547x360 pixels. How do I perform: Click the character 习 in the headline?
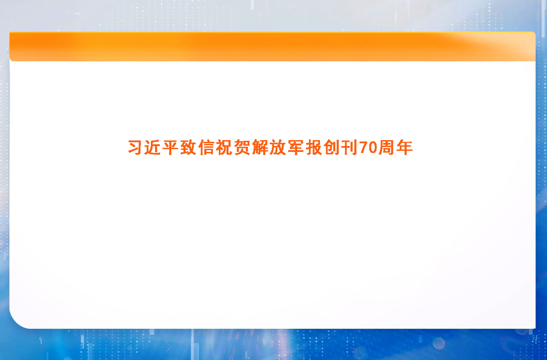click(135, 147)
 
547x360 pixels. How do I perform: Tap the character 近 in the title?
click(153, 147)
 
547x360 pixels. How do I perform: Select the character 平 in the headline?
click(171, 147)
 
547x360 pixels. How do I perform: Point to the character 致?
click(189, 147)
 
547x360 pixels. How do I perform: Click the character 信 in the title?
click(207, 147)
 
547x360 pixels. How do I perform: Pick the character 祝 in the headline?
click(224, 147)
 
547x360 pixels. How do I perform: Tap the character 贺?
click(242, 147)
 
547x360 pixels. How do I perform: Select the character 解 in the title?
click(260, 147)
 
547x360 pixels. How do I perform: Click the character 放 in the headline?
click(278, 147)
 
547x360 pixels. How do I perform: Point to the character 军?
click(296, 147)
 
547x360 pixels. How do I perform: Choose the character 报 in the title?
click(314, 147)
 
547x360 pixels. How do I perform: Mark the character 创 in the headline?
click(332, 147)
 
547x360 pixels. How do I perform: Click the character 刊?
click(349, 147)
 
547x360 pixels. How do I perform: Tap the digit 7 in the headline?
click(363, 147)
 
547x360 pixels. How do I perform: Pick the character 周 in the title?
click(386, 147)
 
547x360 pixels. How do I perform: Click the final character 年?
click(404, 147)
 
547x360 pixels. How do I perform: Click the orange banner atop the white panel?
click(272, 46)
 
